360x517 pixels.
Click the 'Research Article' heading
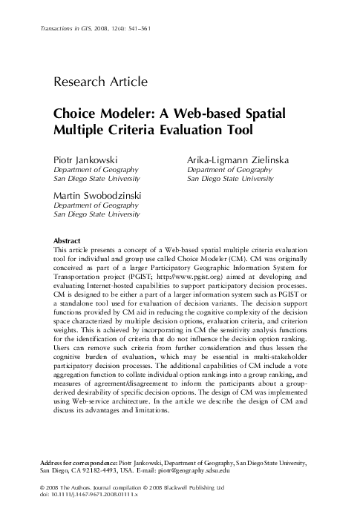pos(101,82)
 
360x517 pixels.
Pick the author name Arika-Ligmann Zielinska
pos(238,160)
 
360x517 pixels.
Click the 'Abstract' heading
pos(68,241)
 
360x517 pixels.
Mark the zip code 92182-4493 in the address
pos(100,471)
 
